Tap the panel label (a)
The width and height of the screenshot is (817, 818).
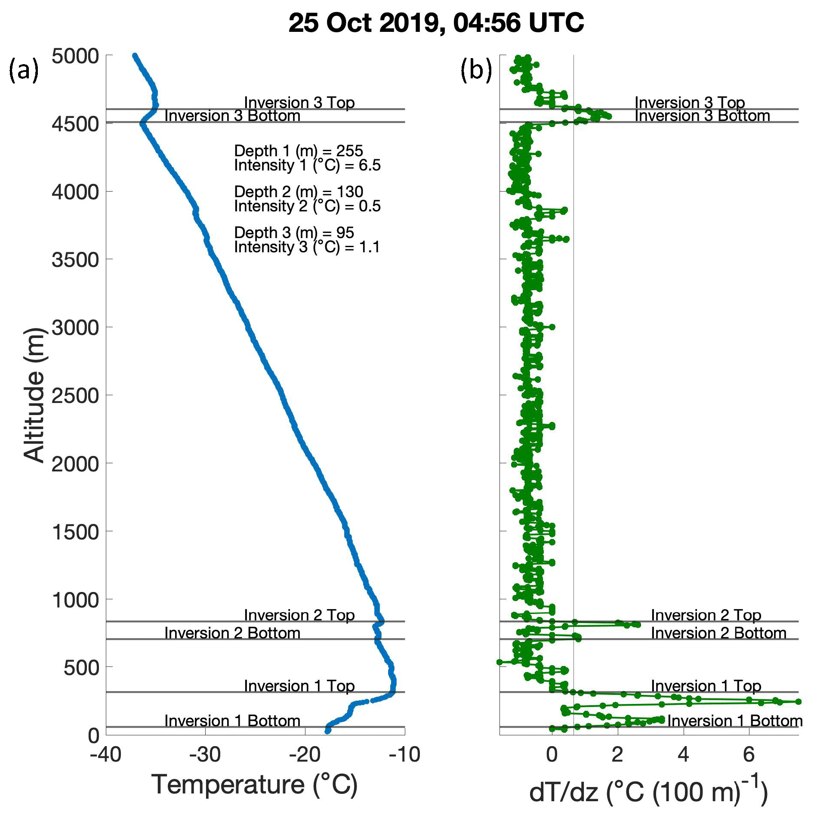click(24, 70)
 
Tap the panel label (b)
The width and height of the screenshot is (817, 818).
click(476, 70)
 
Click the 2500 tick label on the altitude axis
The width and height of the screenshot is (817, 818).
click(75, 396)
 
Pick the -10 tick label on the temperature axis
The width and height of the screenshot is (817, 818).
click(404, 755)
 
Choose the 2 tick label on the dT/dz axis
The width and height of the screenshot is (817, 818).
click(617, 755)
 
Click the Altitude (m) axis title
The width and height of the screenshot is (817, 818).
click(34, 395)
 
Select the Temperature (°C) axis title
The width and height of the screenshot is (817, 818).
click(255, 784)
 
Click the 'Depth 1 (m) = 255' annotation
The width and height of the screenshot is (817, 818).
click(299, 151)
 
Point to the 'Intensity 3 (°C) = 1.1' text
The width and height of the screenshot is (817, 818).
click(307, 247)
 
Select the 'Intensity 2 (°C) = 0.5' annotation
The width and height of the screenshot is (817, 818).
click(307, 206)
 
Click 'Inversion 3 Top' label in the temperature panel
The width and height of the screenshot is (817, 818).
click(299, 102)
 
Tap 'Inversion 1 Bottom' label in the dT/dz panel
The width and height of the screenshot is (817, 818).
click(735, 721)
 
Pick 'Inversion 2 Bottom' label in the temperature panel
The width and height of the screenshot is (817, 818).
click(232, 633)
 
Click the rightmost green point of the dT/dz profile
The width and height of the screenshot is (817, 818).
click(799, 702)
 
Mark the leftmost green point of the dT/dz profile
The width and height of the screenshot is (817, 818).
click(499, 662)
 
